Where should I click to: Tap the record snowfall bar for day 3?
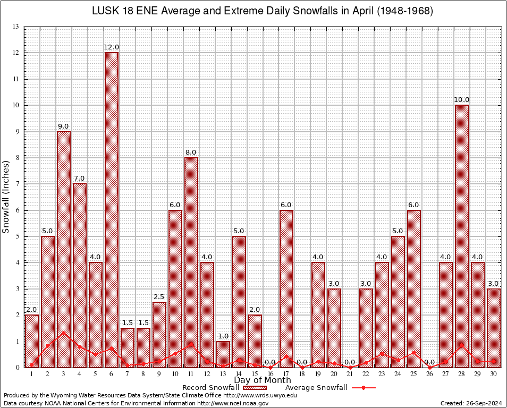[x=64, y=249]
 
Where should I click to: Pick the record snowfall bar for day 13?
[x=223, y=354]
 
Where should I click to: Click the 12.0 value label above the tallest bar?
[x=112, y=47]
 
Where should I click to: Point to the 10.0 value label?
[x=462, y=100]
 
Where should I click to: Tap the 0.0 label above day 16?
[x=271, y=362]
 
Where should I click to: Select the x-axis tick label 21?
[x=350, y=374]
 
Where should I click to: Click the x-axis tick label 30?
[x=494, y=374]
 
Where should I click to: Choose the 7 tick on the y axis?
[x=18, y=184]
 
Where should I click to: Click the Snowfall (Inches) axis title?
[x=6, y=197]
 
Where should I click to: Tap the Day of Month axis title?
[x=263, y=380]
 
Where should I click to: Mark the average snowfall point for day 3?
[x=64, y=333]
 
